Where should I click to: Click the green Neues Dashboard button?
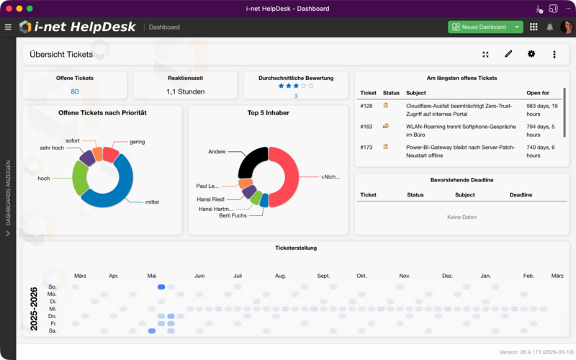pyautogui.click(x=479, y=27)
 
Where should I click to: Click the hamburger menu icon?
pyautogui.click(x=8, y=27)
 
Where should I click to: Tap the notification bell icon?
pyautogui.click(x=550, y=27)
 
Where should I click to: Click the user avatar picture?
pyautogui.click(x=567, y=27)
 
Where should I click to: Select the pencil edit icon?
pyautogui.click(x=508, y=54)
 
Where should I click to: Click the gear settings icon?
pyautogui.click(x=531, y=54)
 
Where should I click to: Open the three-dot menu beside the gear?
pyautogui.click(x=554, y=54)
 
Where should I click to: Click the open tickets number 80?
pyautogui.click(x=75, y=91)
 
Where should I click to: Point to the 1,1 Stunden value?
pyautogui.click(x=186, y=91)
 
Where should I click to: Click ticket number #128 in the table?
pyautogui.click(x=366, y=106)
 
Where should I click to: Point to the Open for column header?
pyautogui.click(x=538, y=93)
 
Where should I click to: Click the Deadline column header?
pyautogui.click(x=521, y=194)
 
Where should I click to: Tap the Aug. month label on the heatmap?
pyautogui.click(x=281, y=276)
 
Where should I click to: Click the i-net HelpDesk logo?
pyautogui.click(x=77, y=27)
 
